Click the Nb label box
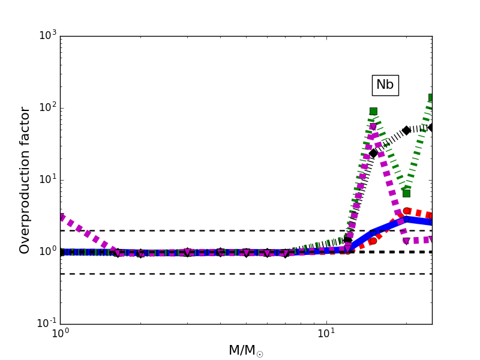click(385, 85)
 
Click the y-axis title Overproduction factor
click(25, 180)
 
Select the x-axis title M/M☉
click(245, 350)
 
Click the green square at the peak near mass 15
click(373, 111)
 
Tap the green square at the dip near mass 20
click(406, 193)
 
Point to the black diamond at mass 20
click(406, 130)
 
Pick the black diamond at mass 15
click(373, 153)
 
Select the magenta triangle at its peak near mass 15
click(373, 127)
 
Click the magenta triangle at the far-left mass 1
click(61, 217)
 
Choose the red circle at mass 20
click(407, 211)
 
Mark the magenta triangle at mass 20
click(406, 241)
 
